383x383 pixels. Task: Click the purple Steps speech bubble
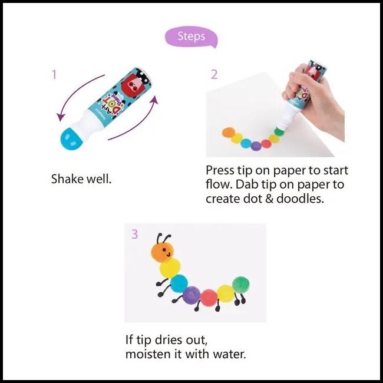(191, 37)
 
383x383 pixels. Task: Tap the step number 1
(54, 74)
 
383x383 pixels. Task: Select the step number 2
(214, 74)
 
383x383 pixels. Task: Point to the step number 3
(134, 234)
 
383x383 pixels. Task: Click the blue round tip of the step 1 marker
(71, 138)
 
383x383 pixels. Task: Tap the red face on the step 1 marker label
(132, 85)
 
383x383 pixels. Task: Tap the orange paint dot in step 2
(229, 133)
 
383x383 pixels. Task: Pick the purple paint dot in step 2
(256, 146)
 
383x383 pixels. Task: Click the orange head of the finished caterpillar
(163, 252)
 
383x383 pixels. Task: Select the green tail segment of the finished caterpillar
(241, 285)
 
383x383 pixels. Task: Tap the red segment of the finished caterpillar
(209, 298)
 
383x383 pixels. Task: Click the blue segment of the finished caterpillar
(179, 283)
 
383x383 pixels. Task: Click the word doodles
(300, 199)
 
